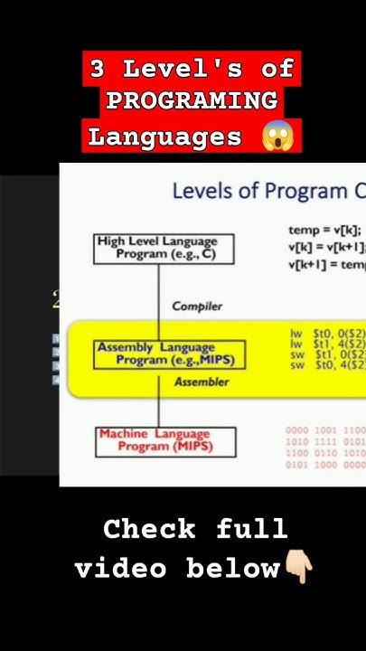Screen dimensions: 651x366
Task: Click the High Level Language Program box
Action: pyautogui.click(x=164, y=248)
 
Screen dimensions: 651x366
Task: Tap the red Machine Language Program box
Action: pyautogui.click(x=165, y=441)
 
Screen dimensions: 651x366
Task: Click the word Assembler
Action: pyautogui.click(x=202, y=382)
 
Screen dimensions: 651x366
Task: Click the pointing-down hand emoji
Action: pyautogui.click(x=298, y=569)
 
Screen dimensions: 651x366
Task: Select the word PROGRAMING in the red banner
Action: pyautogui.click(x=191, y=102)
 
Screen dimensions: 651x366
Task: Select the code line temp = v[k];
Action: pyautogui.click(x=324, y=230)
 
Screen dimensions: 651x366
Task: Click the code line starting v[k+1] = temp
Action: pyautogui.click(x=326, y=264)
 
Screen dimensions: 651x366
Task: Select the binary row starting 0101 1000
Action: pyautogui.click(x=325, y=465)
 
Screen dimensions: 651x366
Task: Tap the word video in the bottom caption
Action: pyautogui.click(x=120, y=569)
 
